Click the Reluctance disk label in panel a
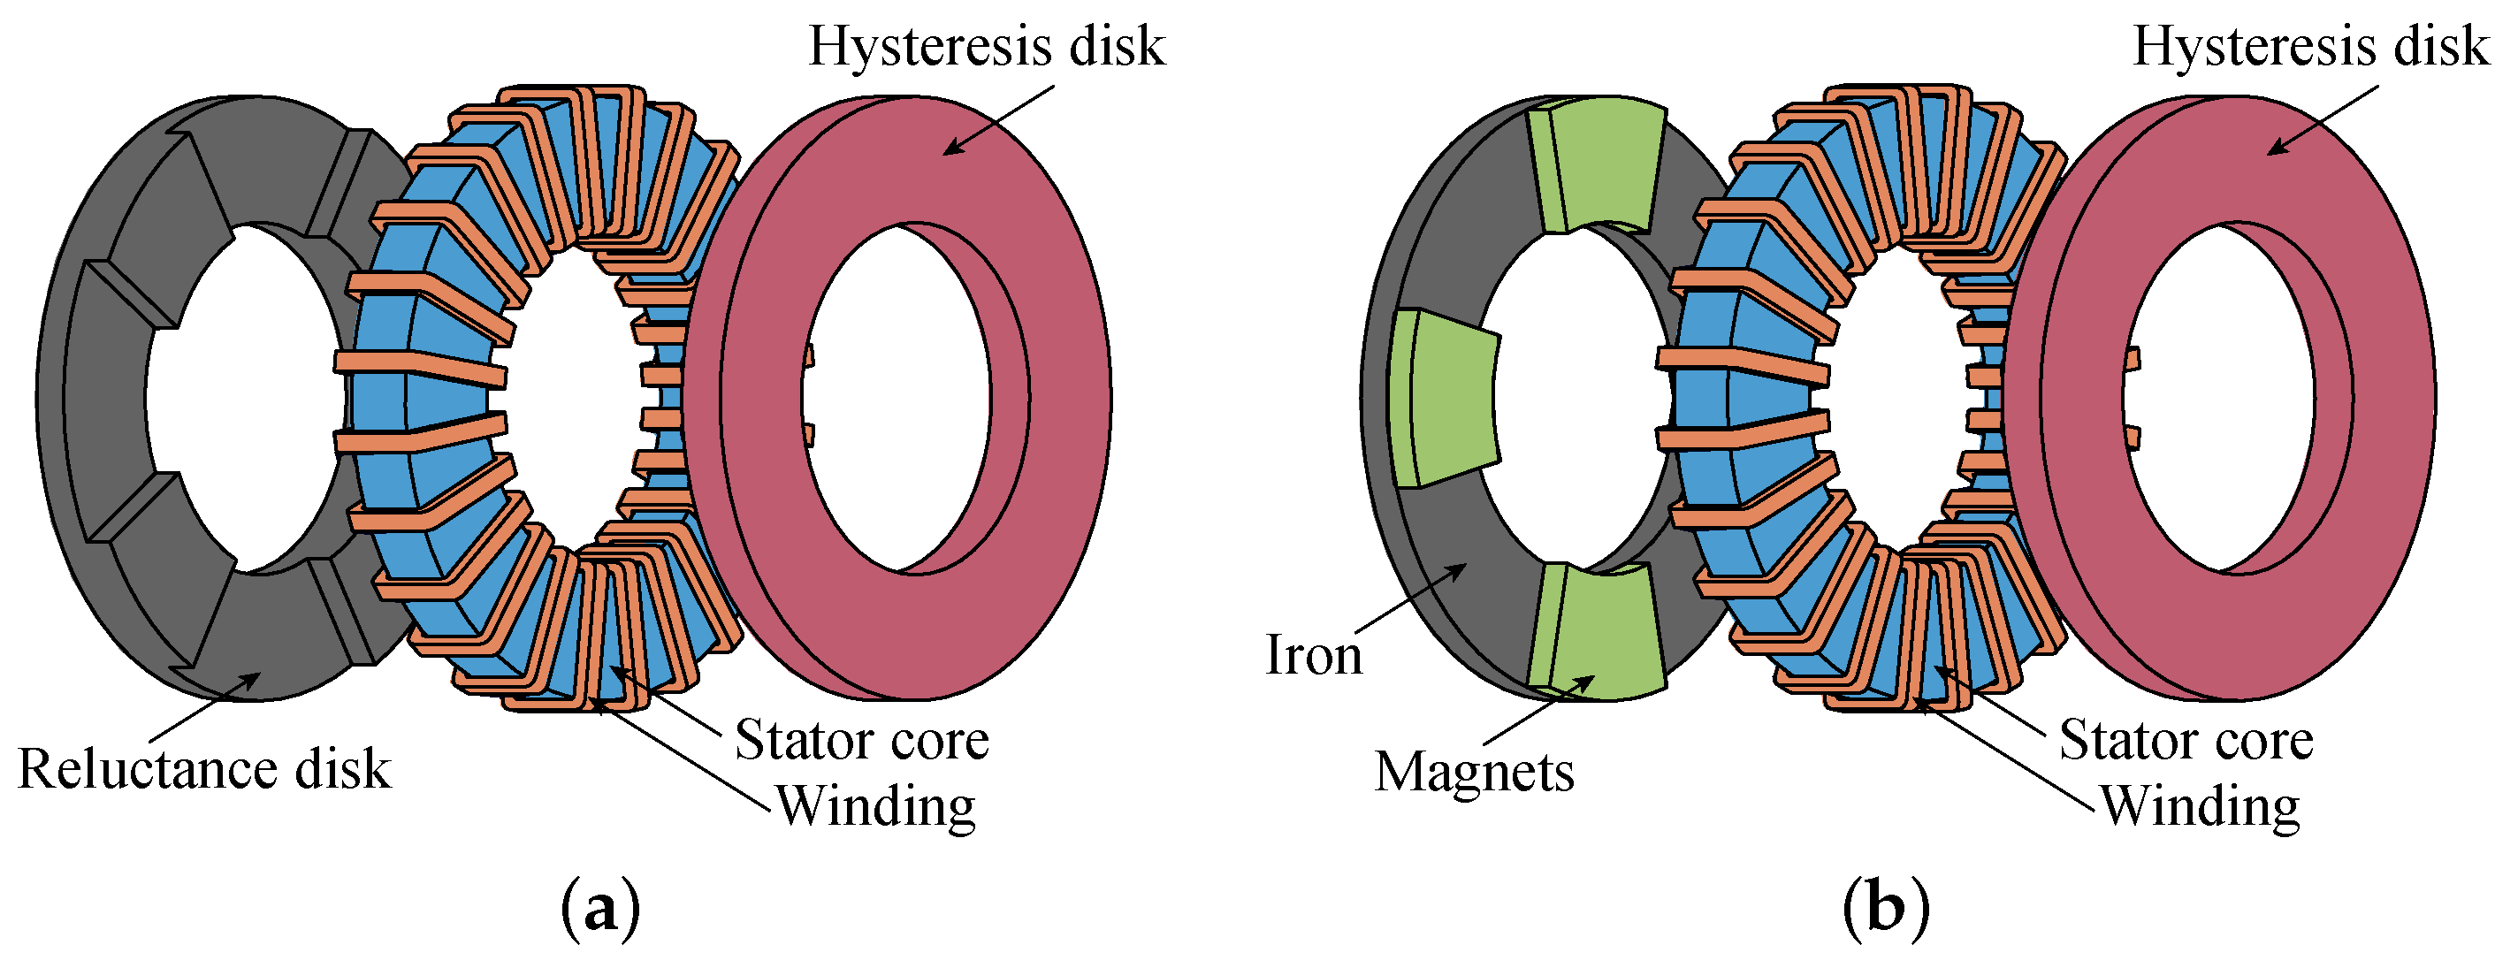click(x=204, y=769)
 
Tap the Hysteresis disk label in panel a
click(x=987, y=46)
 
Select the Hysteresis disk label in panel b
click(x=2311, y=46)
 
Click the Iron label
click(x=1313, y=655)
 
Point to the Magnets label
click(x=1474, y=773)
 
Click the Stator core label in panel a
click(x=861, y=740)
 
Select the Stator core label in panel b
click(x=2186, y=740)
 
